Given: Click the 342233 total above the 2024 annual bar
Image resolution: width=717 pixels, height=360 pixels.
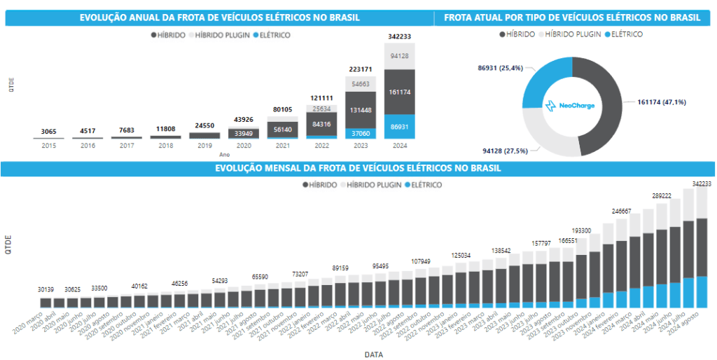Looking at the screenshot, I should (399, 36).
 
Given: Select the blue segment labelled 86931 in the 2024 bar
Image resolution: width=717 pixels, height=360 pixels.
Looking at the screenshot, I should (399, 128).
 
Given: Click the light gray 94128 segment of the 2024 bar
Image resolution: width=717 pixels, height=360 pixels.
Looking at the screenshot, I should (399, 56).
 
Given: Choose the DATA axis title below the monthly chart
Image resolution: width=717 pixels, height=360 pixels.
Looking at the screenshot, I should (374, 354).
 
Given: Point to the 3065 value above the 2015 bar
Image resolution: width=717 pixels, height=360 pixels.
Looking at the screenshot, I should (49, 131).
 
